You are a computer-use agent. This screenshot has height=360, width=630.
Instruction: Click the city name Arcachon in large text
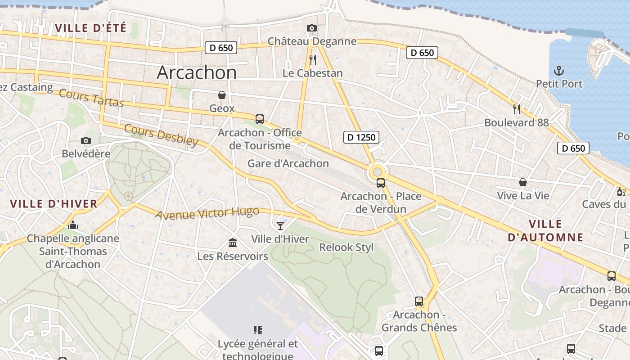click(197, 73)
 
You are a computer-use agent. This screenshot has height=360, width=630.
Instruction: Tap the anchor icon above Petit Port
click(558, 71)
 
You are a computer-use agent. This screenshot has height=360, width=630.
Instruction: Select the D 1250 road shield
click(361, 137)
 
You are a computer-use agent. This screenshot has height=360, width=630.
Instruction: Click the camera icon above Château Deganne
click(311, 28)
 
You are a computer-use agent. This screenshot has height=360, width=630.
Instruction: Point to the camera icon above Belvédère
click(85, 141)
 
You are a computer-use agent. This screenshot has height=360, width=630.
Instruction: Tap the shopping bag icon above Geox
click(222, 95)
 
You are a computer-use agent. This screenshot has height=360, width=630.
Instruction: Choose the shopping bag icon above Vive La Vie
click(523, 182)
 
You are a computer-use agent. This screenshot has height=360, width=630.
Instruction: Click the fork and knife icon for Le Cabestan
click(313, 59)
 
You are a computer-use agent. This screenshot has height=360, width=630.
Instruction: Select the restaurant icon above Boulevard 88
click(517, 109)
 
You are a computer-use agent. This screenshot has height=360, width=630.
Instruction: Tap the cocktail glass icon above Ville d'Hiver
click(280, 225)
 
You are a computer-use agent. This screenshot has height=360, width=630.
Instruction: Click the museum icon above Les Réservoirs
click(233, 243)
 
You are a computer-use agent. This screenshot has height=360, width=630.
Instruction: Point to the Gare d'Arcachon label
click(288, 163)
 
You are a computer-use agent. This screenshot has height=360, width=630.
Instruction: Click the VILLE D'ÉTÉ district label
click(90, 28)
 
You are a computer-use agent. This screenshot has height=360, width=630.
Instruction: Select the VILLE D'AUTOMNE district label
click(545, 230)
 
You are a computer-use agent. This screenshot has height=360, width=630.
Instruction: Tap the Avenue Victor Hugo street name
click(207, 213)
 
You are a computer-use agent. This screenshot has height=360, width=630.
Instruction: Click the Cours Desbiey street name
click(161, 135)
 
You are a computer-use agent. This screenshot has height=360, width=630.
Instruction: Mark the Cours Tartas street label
click(91, 99)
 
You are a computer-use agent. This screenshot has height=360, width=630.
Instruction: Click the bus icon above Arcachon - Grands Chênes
click(419, 301)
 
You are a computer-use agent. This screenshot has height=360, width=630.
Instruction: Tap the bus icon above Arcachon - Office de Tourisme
click(260, 119)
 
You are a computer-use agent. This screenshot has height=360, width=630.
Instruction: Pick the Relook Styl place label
click(346, 247)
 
